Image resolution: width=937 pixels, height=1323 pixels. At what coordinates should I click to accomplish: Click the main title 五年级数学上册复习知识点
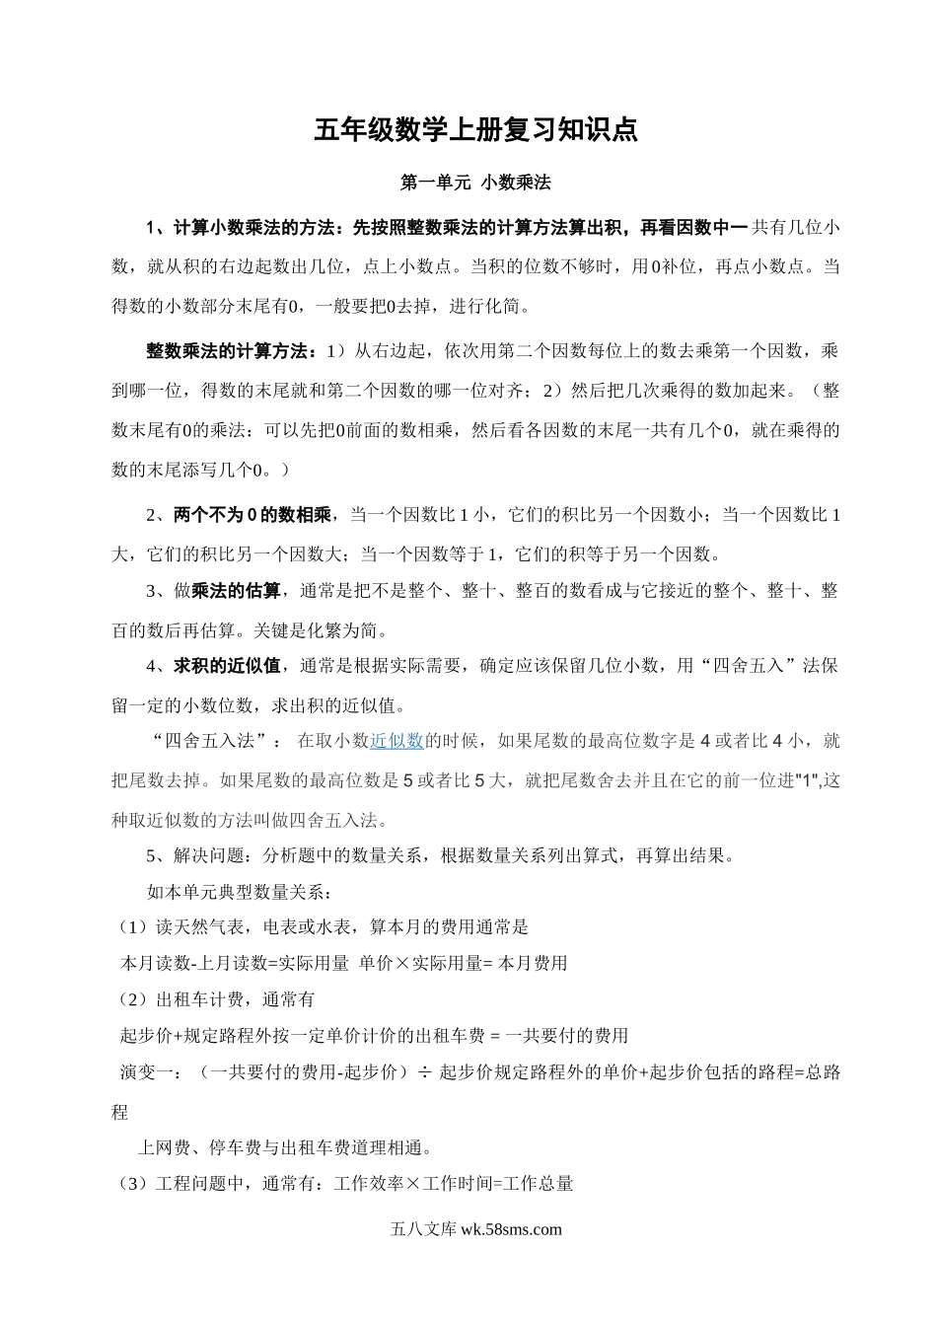[475, 130]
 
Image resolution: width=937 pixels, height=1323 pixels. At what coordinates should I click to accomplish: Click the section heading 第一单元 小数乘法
[475, 183]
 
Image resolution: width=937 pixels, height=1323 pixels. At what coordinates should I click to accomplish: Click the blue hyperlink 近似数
[396, 741]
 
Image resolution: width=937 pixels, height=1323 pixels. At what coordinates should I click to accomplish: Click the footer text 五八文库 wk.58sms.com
[475, 1228]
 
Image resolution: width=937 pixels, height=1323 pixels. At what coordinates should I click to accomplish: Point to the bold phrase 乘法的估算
[236, 591]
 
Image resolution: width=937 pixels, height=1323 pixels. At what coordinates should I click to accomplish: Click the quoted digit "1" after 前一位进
[808, 780]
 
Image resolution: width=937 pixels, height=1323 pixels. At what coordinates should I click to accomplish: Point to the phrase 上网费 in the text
[162, 1147]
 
